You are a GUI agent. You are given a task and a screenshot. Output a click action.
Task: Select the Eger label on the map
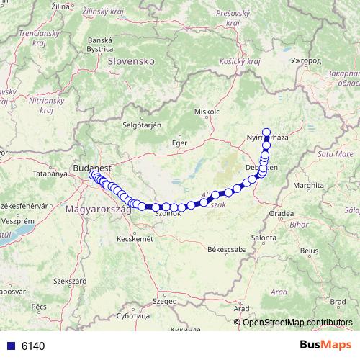[179, 143]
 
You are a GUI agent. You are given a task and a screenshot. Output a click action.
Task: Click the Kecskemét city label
[135, 238]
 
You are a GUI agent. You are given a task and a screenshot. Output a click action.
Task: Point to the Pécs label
[39, 307]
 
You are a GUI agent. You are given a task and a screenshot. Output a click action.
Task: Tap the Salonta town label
[263, 237]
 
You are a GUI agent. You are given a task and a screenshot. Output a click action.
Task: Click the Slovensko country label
[131, 62]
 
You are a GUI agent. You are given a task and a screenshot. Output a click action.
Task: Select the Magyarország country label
[98, 209]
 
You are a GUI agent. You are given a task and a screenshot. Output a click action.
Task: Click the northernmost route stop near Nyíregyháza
[267, 132]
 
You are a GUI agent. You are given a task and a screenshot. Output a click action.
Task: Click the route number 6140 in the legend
[33, 346]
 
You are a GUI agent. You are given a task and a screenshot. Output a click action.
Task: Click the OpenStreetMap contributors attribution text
[297, 322]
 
